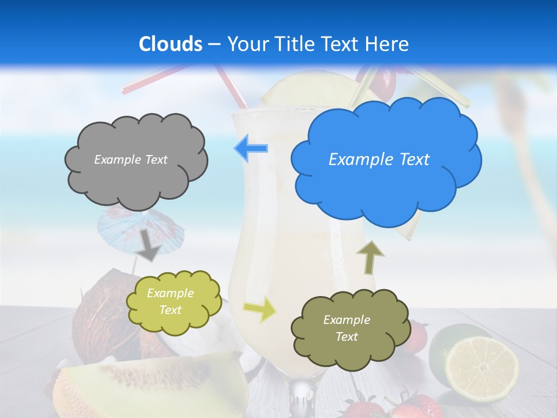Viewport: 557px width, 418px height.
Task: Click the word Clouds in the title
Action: pyautogui.click(x=171, y=44)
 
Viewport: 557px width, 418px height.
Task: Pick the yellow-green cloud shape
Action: pyautogui.click(x=173, y=302)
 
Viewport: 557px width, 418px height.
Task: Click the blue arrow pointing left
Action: pyautogui.click(x=251, y=148)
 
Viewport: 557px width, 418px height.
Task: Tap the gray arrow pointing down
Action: pyautogui.click(x=150, y=244)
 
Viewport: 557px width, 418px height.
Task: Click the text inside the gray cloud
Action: pyautogui.click(x=131, y=160)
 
